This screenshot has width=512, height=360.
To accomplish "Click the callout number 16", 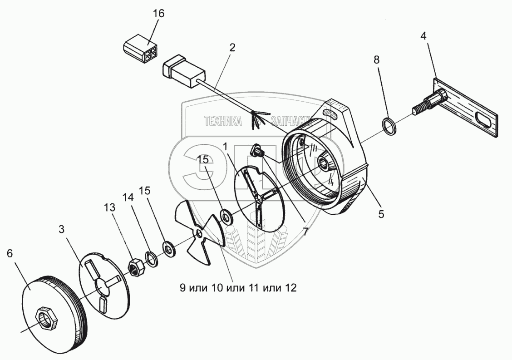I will (x=158, y=13).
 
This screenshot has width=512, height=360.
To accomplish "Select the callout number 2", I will (x=232, y=48).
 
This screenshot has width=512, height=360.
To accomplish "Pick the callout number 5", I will (x=381, y=213).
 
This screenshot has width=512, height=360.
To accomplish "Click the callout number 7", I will (x=305, y=232).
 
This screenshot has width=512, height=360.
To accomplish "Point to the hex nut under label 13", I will (x=135, y=266).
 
